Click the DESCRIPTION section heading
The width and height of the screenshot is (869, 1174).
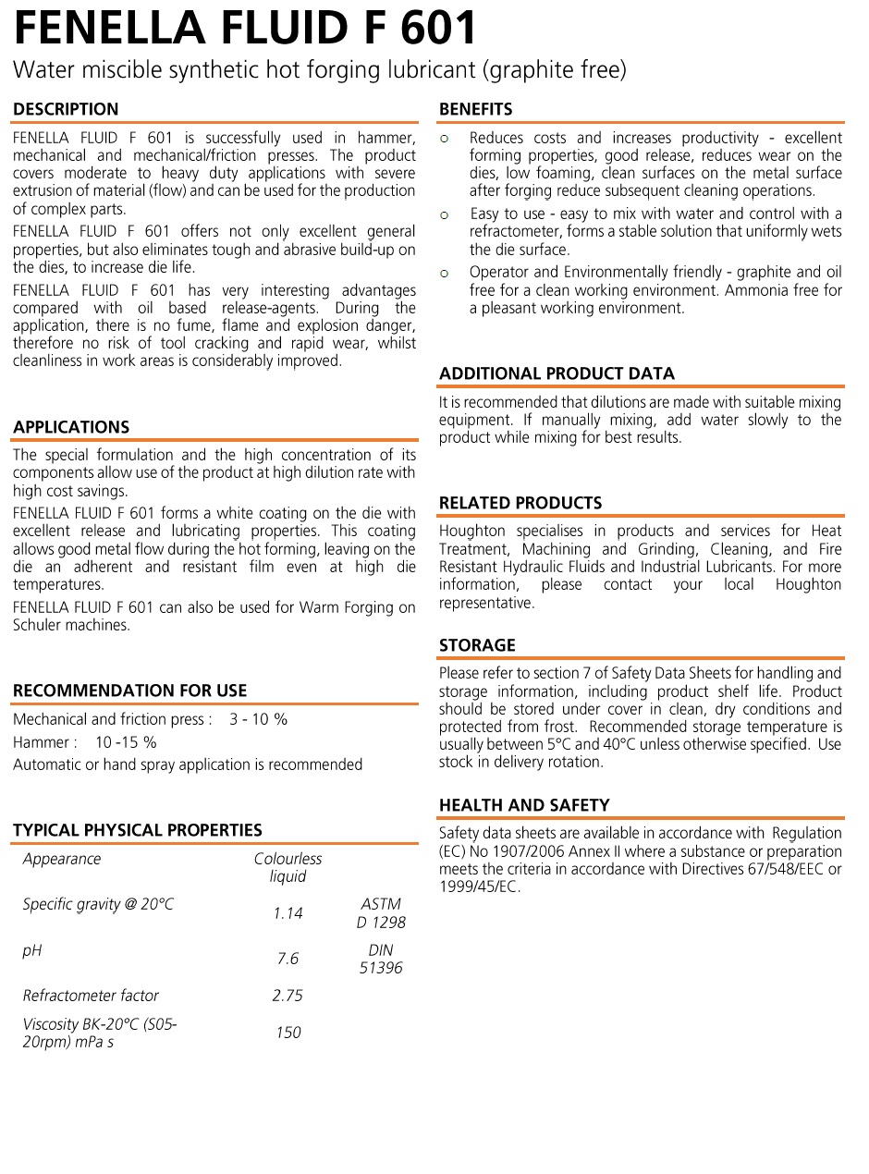[x=66, y=109]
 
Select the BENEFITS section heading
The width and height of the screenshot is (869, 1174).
[x=475, y=109]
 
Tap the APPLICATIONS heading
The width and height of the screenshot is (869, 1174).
[x=71, y=427]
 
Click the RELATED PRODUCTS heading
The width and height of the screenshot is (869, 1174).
[x=520, y=503]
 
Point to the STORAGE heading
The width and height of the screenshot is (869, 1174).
[x=477, y=645]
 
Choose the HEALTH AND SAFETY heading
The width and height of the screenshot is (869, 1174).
[x=524, y=805]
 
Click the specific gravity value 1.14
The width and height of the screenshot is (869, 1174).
[x=288, y=913]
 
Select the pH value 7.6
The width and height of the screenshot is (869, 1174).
[x=288, y=959]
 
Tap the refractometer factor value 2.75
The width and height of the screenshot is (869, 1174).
[x=288, y=996]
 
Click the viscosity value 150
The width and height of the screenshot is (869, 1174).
[x=288, y=1033]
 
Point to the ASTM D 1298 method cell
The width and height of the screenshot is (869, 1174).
[x=381, y=913]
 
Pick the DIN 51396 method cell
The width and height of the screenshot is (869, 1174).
[x=381, y=959]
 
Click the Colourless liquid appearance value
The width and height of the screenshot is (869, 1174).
[x=288, y=868]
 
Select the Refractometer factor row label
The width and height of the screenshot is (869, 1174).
[x=91, y=996]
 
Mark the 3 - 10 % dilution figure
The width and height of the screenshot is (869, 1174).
[x=259, y=719]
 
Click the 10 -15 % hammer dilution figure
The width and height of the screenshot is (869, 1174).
[x=126, y=742]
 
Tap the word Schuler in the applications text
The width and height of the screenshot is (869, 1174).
[x=37, y=625]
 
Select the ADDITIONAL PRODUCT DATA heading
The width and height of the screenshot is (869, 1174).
[x=557, y=373]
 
